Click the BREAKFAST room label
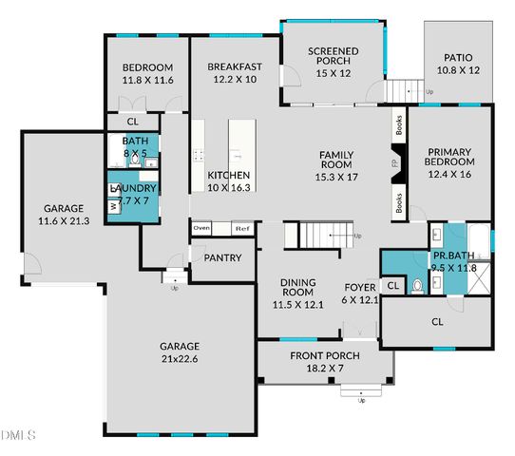(x=234, y=67)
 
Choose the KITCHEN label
(x=229, y=176)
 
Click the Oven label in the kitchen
(x=201, y=229)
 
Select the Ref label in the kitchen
(x=241, y=229)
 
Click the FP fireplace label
(x=394, y=164)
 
